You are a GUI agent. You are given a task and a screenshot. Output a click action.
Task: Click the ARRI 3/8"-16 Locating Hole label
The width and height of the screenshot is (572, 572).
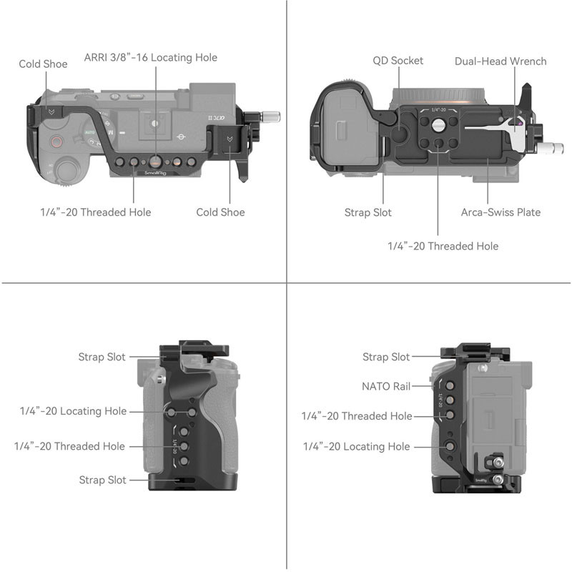(150, 57)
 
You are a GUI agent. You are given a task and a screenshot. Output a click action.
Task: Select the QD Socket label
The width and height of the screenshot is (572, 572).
(398, 61)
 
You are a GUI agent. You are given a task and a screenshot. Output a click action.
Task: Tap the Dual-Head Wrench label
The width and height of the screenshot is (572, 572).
(500, 61)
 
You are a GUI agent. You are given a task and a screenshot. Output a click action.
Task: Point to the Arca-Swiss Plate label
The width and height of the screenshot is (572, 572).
(500, 212)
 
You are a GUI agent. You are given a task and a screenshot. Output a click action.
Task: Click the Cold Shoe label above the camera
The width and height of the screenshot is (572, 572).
(43, 64)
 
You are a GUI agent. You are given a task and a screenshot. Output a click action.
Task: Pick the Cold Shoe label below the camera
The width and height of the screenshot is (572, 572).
(220, 212)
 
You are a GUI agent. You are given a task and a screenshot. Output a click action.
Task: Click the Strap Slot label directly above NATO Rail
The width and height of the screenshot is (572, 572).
(386, 357)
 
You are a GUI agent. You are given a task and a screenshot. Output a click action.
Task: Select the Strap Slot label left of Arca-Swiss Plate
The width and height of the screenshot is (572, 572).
(368, 212)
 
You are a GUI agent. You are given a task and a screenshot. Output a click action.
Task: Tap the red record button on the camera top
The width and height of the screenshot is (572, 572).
(56, 142)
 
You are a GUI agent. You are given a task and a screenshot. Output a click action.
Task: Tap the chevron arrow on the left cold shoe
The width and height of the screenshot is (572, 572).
(51, 112)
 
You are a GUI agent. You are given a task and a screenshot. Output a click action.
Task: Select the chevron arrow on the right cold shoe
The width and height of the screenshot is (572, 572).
(229, 139)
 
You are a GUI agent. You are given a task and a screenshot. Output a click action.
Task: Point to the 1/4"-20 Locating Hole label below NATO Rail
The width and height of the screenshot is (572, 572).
(356, 446)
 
